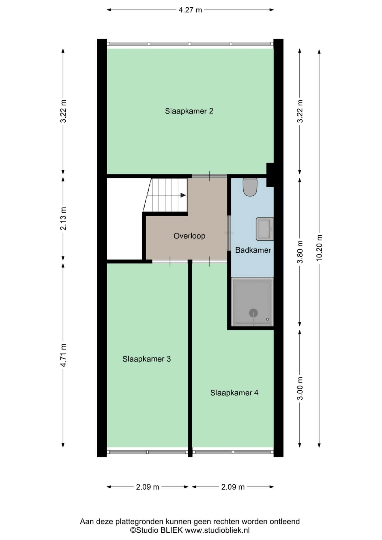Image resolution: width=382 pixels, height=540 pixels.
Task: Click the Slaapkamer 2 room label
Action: tap(189, 111)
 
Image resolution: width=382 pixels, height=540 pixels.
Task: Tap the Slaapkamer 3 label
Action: tap(147, 359)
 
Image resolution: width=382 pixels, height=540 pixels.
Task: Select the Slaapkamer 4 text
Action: tap(234, 393)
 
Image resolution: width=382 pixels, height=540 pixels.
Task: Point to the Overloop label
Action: tap(189, 236)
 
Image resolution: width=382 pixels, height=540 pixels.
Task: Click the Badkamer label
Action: tap(253, 250)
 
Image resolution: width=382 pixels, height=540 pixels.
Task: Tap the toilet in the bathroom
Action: tap(250, 187)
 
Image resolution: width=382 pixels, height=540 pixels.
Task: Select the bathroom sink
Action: tap(265, 229)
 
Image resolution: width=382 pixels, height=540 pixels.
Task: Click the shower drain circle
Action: tap(253, 313)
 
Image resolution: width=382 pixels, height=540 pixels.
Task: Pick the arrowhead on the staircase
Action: tap(183, 195)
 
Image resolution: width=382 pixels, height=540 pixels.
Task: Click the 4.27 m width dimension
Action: tap(190, 10)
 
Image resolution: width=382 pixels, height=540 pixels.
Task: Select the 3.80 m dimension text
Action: tap(300, 252)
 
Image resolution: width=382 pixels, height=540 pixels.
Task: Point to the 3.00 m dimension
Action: tap(300, 388)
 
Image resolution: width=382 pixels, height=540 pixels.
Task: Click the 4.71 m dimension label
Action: tap(63, 355)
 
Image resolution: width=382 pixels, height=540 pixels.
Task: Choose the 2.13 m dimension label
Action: tap(63, 218)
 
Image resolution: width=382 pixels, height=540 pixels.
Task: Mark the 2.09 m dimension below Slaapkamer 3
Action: tap(148, 487)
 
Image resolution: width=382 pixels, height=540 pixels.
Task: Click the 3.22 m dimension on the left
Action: tap(63, 111)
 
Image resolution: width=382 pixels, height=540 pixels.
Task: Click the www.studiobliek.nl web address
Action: tap(217, 530)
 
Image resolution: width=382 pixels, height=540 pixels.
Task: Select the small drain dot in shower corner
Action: tap(267, 319)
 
